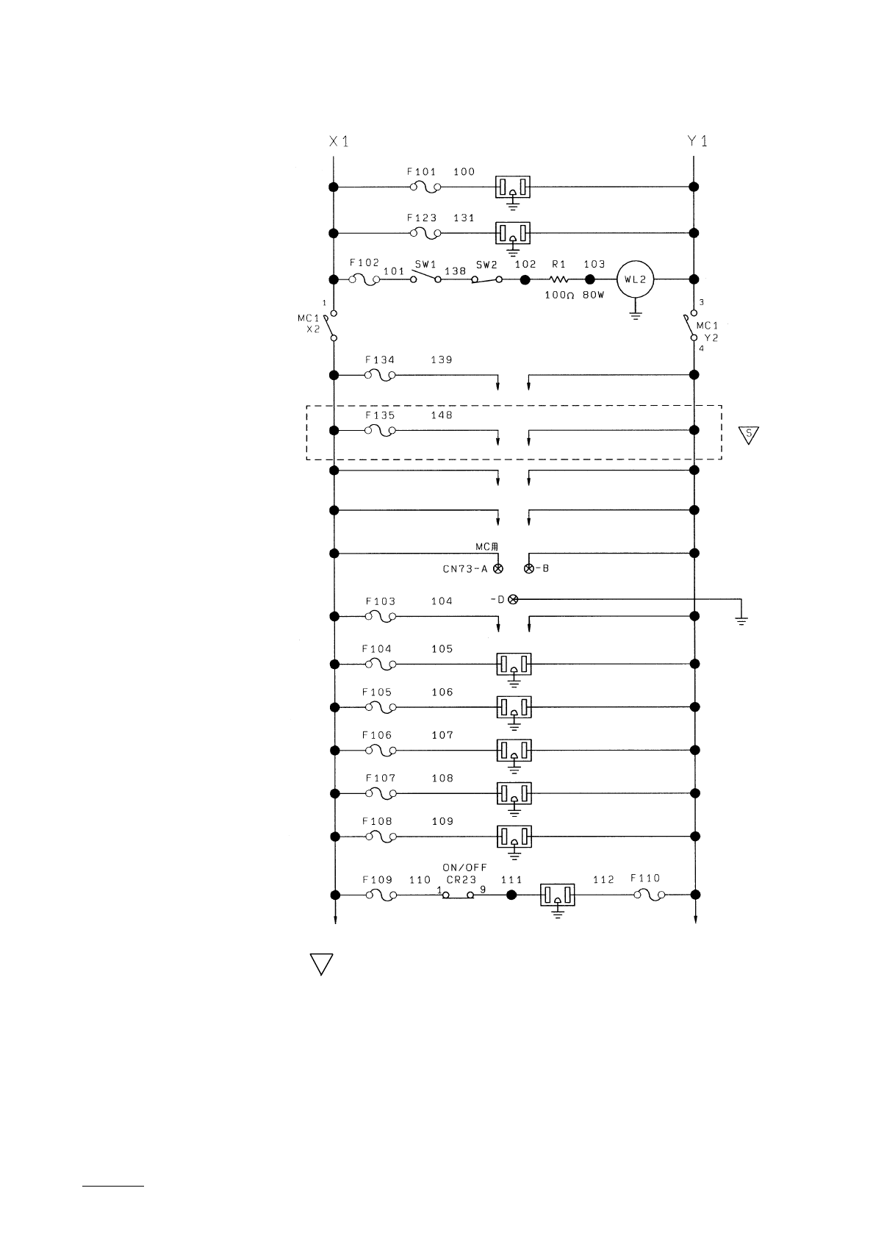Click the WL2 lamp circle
[x=635, y=279]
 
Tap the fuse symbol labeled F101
[x=425, y=187]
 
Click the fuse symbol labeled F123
[x=425, y=234]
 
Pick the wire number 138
[x=456, y=271]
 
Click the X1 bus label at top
[x=338, y=141]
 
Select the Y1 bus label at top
[x=697, y=141]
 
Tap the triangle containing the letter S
[x=748, y=434]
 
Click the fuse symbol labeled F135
[x=381, y=430]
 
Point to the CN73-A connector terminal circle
[x=499, y=569]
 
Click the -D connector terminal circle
[x=514, y=600]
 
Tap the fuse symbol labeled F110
[x=650, y=895]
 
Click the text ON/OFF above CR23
[x=464, y=867]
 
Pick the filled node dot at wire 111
[x=512, y=895]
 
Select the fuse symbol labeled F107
[x=381, y=793]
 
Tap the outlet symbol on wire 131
[x=514, y=235]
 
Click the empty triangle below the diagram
[x=321, y=964]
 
